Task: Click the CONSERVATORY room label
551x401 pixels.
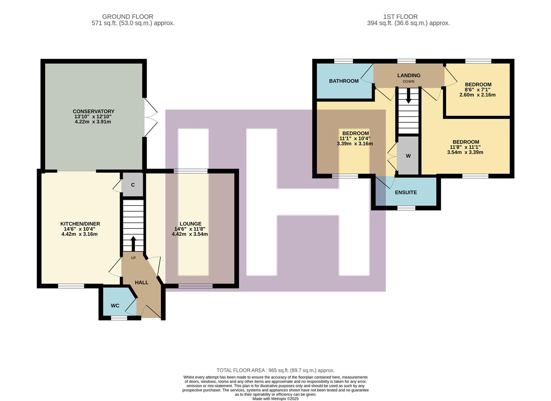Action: pos(94,111)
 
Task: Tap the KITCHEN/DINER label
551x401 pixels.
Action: pos(80,224)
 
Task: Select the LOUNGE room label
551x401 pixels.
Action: pos(190,224)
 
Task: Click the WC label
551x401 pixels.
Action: pos(115,306)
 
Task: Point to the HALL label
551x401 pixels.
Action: pos(141,283)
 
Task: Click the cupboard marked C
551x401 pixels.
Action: pos(133,185)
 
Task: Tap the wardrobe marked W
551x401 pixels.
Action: pos(408,156)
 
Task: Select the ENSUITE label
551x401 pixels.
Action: pos(406,192)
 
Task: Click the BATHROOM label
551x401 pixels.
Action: pos(344,81)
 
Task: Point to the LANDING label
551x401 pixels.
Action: pos(409,75)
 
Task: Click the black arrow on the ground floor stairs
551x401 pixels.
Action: pos(133,244)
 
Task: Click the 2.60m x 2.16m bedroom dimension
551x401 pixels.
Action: pos(478,95)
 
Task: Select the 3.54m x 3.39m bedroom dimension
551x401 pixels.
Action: pos(465,152)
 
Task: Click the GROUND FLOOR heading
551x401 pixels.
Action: pos(128,17)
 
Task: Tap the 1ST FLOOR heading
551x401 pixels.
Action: pos(400,17)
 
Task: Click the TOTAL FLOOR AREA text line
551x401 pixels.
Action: pos(275,370)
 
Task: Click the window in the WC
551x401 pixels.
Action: pos(119,318)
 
